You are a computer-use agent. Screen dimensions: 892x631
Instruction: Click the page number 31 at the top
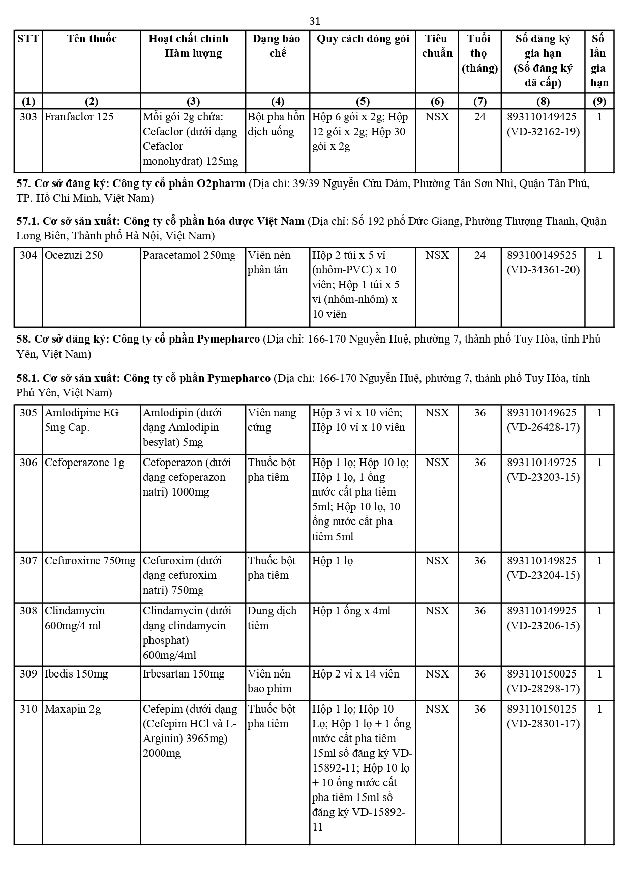pyautogui.click(x=315, y=21)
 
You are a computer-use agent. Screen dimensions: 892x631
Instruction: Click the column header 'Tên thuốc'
pyautogui.click(x=92, y=39)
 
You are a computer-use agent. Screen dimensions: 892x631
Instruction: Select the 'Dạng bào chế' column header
pyautogui.click(x=277, y=46)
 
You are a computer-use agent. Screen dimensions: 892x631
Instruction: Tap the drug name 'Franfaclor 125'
pyautogui.click(x=79, y=117)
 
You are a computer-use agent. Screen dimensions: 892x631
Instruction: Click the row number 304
pyautogui.click(x=28, y=255)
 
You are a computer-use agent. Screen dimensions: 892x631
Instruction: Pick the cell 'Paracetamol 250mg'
pyautogui.click(x=189, y=255)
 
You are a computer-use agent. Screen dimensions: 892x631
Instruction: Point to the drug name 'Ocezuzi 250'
pyautogui.click(x=74, y=255)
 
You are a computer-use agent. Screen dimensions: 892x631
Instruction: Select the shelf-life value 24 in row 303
pyautogui.click(x=479, y=117)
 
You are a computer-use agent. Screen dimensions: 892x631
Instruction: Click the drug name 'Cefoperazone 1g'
pyautogui.click(x=84, y=463)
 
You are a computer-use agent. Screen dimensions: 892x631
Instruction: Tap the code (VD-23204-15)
pyautogui.click(x=543, y=575)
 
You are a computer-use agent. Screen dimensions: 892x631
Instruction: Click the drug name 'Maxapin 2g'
pyautogui.click(x=73, y=709)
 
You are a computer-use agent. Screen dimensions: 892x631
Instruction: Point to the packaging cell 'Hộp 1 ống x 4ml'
pyautogui.click(x=351, y=611)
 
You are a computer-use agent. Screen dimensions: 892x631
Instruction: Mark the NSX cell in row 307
pyautogui.click(x=437, y=561)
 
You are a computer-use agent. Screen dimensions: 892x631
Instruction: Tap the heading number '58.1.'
pyautogui.click(x=27, y=378)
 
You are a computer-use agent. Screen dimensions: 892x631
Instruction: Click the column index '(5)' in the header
pyautogui.click(x=362, y=101)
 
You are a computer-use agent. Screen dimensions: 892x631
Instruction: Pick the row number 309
pyautogui.click(x=28, y=674)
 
